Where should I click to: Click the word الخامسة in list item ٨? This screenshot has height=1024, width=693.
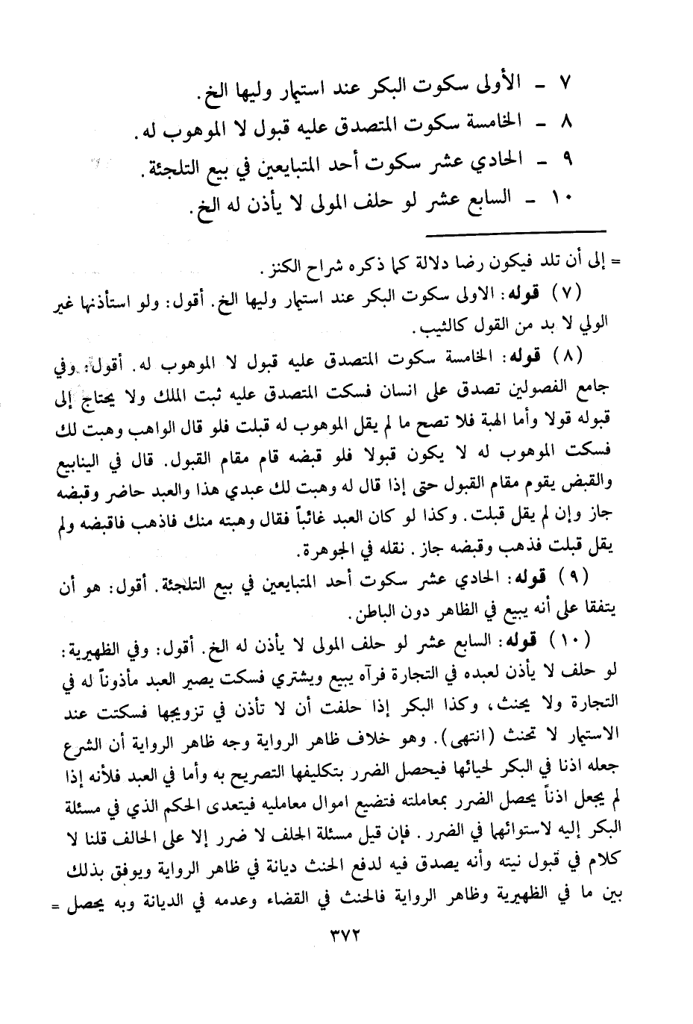[491, 120]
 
